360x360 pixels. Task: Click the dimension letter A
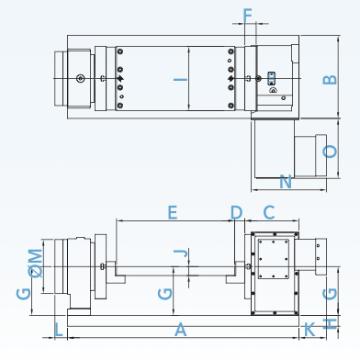coord(181,330)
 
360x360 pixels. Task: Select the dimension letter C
coord(269,212)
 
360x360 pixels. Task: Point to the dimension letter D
coord(236,212)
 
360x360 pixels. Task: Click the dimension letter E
coord(173,212)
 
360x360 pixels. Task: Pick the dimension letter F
coord(248,16)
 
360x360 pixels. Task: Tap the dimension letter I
coord(181,80)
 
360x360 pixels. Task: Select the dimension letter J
coord(181,253)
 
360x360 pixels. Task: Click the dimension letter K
coord(309,330)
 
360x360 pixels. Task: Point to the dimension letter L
coord(59,330)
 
